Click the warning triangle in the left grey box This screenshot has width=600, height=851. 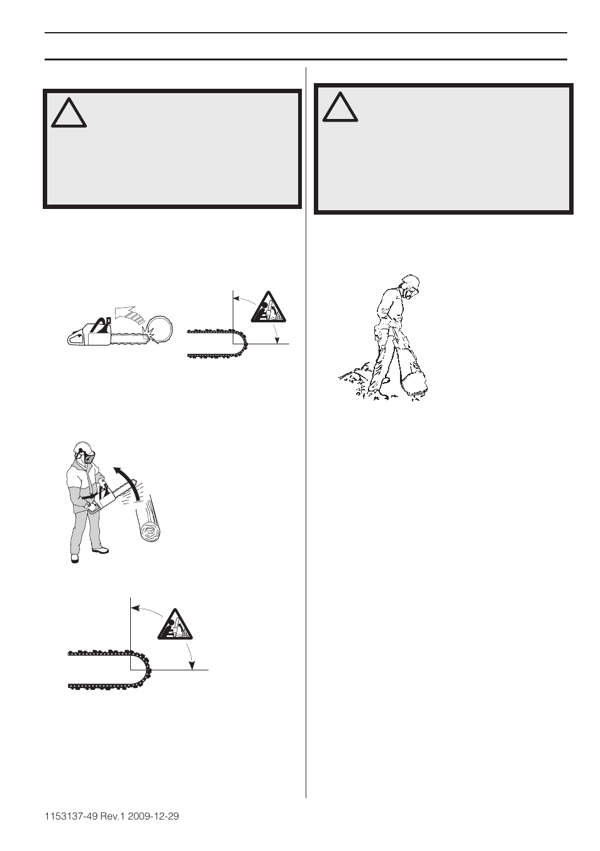[x=69, y=113]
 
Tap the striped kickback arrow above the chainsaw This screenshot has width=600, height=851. [x=127, y=312]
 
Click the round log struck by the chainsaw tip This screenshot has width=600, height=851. [x=163, y=327]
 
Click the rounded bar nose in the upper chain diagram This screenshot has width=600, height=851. [x=242, y=344]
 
